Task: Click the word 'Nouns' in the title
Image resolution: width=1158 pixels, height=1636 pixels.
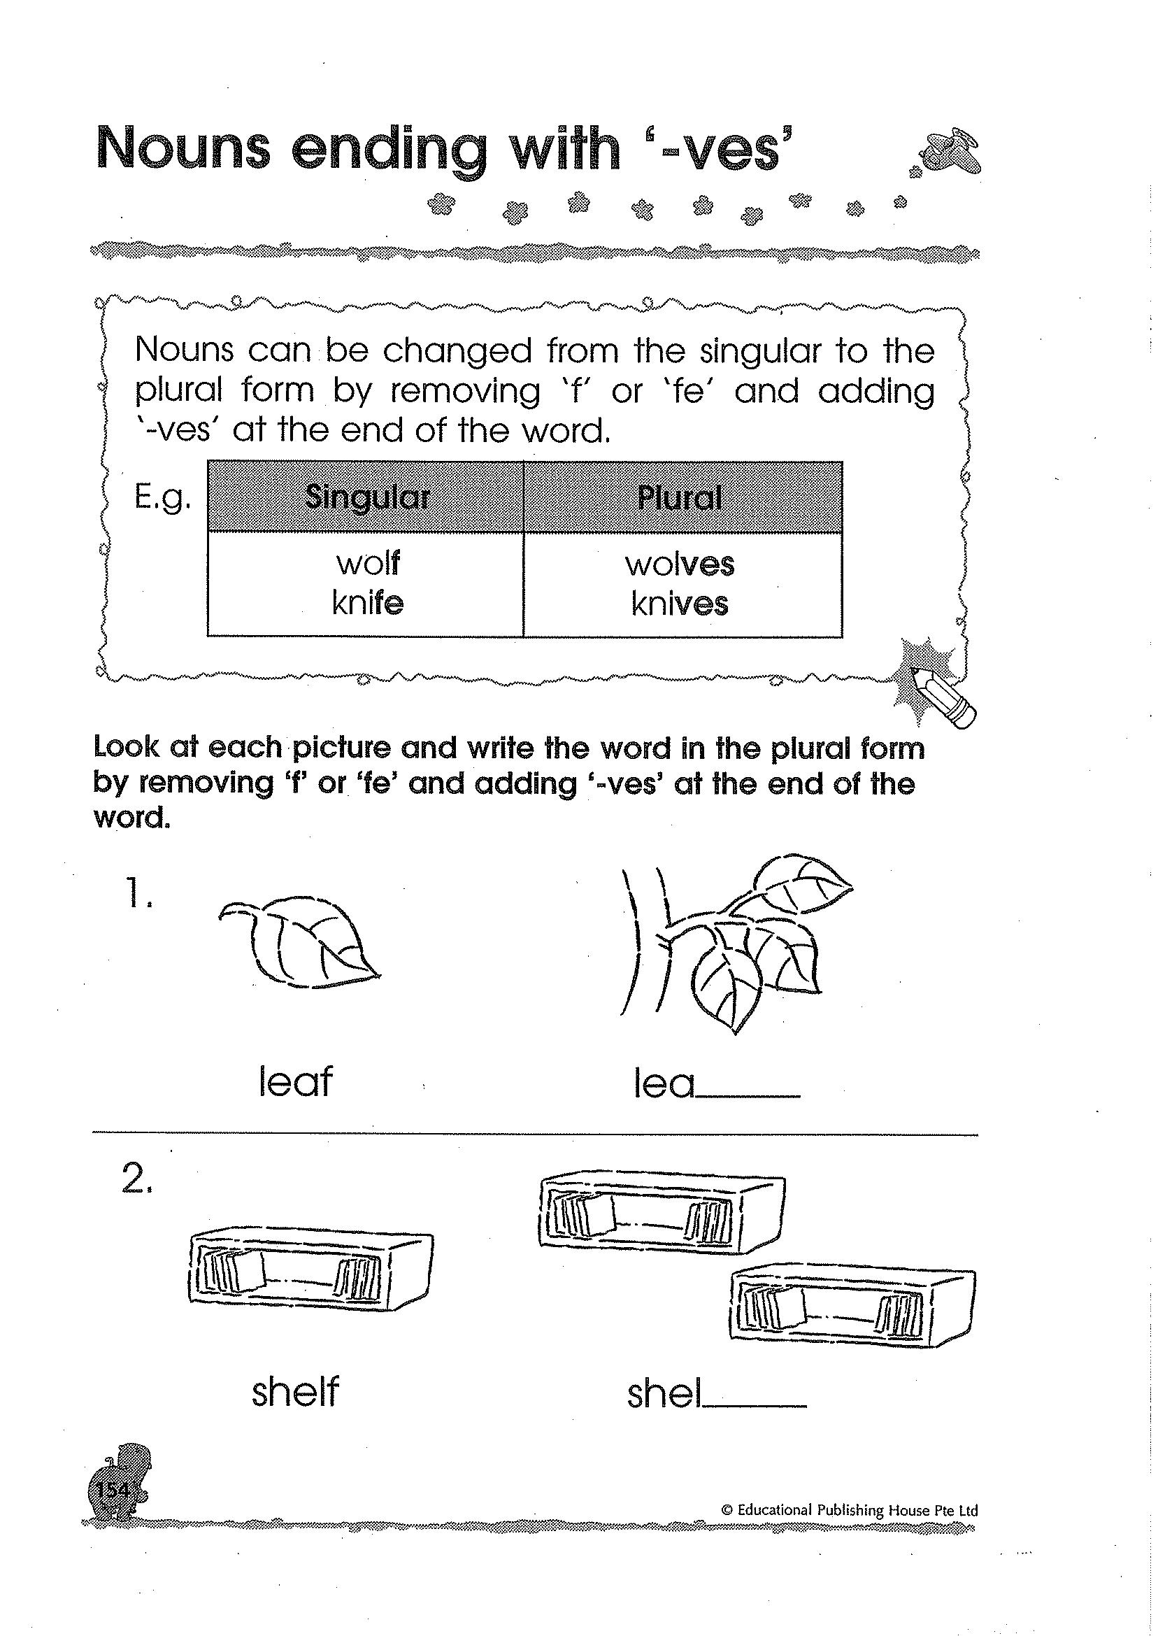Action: (183, 148)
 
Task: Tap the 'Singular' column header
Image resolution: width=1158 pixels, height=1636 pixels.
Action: (366, 497)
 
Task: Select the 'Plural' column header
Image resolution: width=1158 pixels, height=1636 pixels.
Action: (680, 497)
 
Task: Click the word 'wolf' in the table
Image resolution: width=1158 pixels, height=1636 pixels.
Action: (368, 563)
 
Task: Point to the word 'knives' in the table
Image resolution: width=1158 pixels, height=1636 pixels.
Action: (680, 604)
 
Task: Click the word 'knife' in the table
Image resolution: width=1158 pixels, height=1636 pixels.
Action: (368, 604)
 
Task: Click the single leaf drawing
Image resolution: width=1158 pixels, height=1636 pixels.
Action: (299, 941)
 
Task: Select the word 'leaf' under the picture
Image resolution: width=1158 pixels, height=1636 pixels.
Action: (295, 1082)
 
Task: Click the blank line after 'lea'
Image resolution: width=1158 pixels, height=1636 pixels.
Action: (748, 1095)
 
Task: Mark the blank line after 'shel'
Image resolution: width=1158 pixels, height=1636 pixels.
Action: (755, 1405)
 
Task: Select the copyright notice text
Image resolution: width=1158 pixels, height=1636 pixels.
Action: (849, 1509)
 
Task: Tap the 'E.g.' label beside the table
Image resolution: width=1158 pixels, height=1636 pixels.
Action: (162, 498)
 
